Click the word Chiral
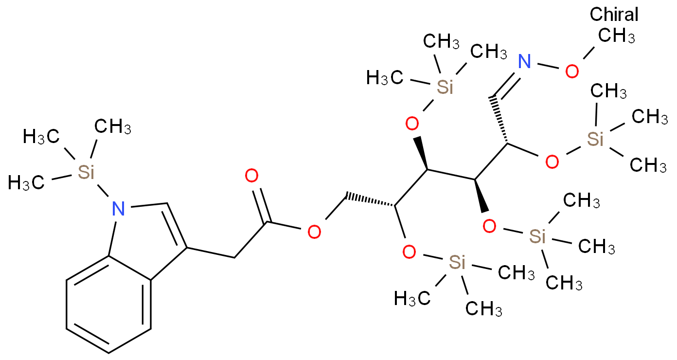click(614, 15)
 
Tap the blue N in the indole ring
click(118, 209)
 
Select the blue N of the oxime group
click(524, 62)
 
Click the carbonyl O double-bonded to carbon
click(251, 176)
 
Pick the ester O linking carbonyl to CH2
click(314, 232)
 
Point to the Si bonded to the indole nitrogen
click(86, 172)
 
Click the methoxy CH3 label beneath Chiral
click(617, 36)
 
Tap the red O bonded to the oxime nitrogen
click(572, 72)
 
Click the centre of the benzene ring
click(108, 305)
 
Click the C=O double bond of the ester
click(260, 206)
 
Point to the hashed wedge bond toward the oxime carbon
click(500, 120)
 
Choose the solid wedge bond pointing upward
click(422, 153)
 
